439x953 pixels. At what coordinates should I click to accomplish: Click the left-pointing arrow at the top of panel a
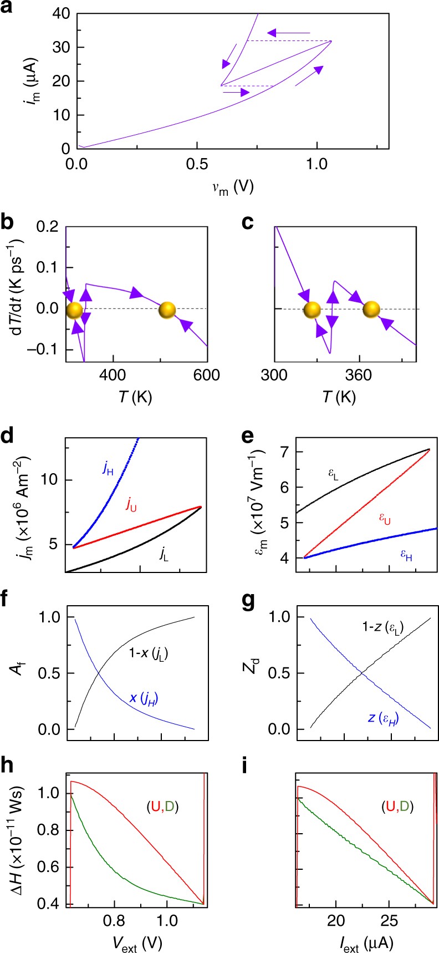289,33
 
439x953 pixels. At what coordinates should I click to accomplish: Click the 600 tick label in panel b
207,376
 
